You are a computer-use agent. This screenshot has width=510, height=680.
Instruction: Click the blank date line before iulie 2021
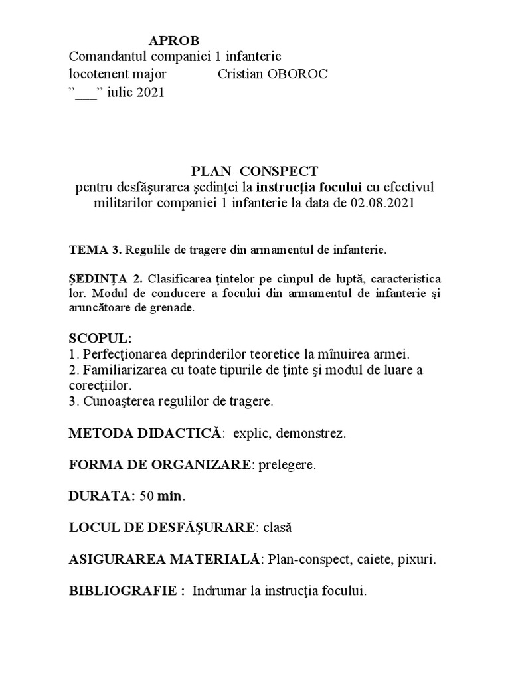(x=86, y=93)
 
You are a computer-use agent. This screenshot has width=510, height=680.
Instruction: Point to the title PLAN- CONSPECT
(x=254, y=169)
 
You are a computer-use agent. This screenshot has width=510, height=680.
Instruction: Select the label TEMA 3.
(x=95, y=250)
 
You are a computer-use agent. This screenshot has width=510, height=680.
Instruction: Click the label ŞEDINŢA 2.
(x=101, y=277)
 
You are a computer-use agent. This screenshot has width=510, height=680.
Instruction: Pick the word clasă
(x=278, y=528)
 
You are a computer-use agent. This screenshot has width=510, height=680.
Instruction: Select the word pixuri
(x=414, y=559)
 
